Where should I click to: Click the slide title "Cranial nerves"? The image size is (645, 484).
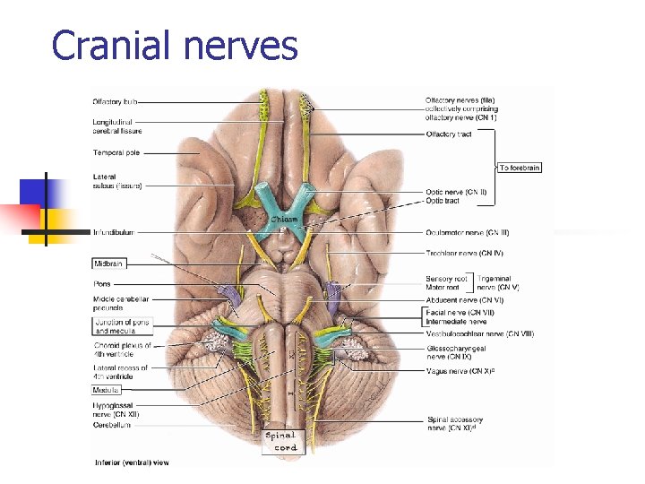[175, 44]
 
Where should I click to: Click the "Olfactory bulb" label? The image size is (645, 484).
[114, 101]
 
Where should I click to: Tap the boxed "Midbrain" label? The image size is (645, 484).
[107, 264]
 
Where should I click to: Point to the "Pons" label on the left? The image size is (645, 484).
[101, 284]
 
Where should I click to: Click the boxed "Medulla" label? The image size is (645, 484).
[106, 390]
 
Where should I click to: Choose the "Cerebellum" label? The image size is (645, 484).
[112, 425]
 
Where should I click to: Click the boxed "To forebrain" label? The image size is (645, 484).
[520, 168]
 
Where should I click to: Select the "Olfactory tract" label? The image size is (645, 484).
[449, 134]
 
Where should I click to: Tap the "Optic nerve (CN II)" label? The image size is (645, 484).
[456, 192]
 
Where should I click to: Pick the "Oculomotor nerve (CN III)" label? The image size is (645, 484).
[468, 232]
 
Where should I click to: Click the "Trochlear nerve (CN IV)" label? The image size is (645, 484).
[465, 254]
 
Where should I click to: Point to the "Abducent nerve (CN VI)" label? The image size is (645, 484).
[465, 300]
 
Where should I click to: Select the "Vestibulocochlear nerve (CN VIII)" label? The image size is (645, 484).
[479, 333]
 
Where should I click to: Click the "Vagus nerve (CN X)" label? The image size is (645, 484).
[459, 370]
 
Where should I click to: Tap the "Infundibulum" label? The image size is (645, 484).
[113, 232]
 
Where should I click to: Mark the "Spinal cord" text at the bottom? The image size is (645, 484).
[280, 442]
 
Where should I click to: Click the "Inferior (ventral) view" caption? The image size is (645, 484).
[131, 462]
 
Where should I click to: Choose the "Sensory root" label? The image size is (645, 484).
[445, 279]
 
